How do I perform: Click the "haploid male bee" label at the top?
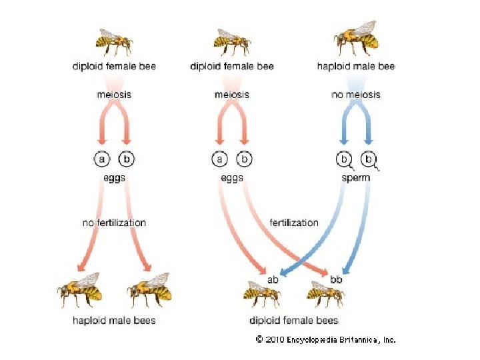point(355,66)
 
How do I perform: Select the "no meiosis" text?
point(355,95)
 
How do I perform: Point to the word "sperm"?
point(355,178)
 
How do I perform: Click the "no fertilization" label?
point(114,223)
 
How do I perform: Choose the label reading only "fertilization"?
point(294,223)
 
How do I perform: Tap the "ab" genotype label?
point(273,279)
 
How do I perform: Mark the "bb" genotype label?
point(336,279)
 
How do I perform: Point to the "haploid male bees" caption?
point(114,321)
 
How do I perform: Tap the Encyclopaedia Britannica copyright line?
point(326,339)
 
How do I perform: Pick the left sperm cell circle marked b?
point(344,160)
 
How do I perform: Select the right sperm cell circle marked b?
point(368,160)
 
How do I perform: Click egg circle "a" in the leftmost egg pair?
point(102,160)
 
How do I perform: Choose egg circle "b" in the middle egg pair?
point(245,160)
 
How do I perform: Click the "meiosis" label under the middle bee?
point(232,95)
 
